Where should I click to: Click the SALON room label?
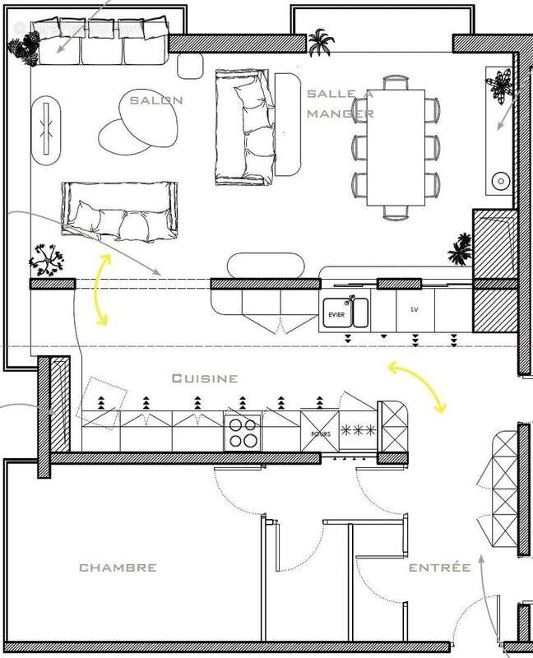pyautogui.click(x=155, y=100)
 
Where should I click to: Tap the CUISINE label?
pyautogui.click(x=204, y=378)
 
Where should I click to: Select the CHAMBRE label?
pyautogui.click(x=118, y=568)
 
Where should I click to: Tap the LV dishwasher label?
pyautogui.click(x=414, y=311)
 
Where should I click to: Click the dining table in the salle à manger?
pyautogui.click(x=394, y=145)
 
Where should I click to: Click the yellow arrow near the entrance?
pyautogui.click(x=419, y=386)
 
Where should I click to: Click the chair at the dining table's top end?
pyautogui.click(x=396, y=81)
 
